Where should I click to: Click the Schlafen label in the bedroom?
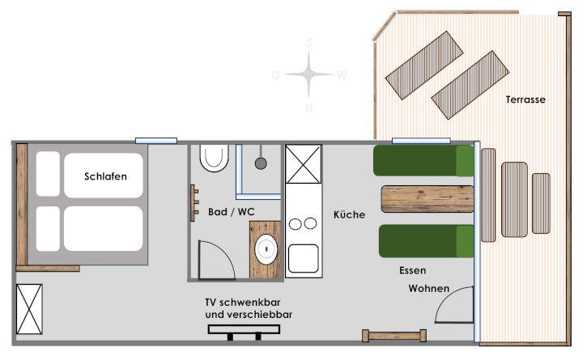point(105,176)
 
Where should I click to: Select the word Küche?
point(349,214)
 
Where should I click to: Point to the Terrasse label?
point(525,100)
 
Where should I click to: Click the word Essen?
point(412,270)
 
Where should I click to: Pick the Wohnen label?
point(428,288)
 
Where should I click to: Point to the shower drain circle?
point(261,163)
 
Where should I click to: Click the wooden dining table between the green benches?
point(427,199)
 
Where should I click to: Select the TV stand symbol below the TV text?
point(244,329)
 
